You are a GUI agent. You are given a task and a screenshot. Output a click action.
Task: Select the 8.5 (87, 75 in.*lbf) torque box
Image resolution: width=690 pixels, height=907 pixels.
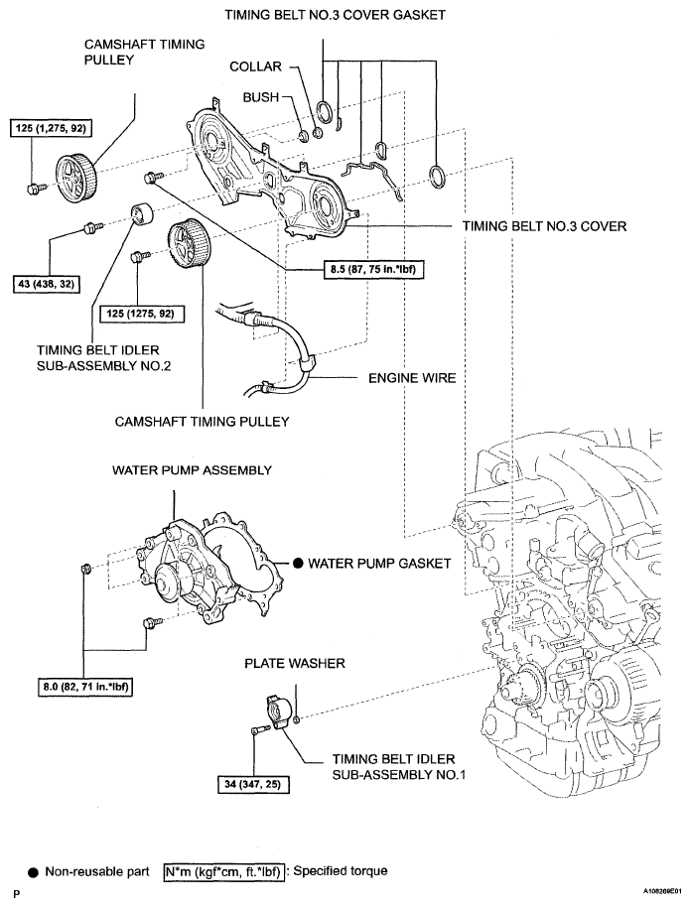[x=373, y=269]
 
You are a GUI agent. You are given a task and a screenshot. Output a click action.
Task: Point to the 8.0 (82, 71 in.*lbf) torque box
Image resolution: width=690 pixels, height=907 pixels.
[x=85, y=687]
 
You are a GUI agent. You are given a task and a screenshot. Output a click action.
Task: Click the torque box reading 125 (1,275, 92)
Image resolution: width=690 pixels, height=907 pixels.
[x=51, y=128]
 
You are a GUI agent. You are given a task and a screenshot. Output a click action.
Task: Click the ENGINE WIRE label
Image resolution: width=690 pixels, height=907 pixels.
[x=412, y=378]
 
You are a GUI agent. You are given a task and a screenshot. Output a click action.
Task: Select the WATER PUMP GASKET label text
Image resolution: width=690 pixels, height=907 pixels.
[x=379, y=563]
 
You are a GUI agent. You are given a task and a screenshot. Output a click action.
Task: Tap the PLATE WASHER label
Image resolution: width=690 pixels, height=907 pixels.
[x=295, y=663]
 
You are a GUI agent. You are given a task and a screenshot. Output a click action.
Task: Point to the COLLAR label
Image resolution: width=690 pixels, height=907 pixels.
[x=255, y=66]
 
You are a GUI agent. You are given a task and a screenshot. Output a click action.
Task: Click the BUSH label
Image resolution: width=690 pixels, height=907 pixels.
[x=260, y=97]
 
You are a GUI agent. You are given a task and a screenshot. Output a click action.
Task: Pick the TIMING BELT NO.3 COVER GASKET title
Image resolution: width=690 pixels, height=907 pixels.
[x=336, y=15]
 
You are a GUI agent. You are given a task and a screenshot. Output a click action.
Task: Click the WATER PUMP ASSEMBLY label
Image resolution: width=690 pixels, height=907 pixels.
[x=192, y=469]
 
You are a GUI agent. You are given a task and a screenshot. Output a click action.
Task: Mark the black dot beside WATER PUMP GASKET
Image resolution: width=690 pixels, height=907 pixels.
[x=298, y=563]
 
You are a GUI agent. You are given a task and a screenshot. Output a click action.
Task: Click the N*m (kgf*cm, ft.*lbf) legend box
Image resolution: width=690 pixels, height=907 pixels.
[x=224, y=872]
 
